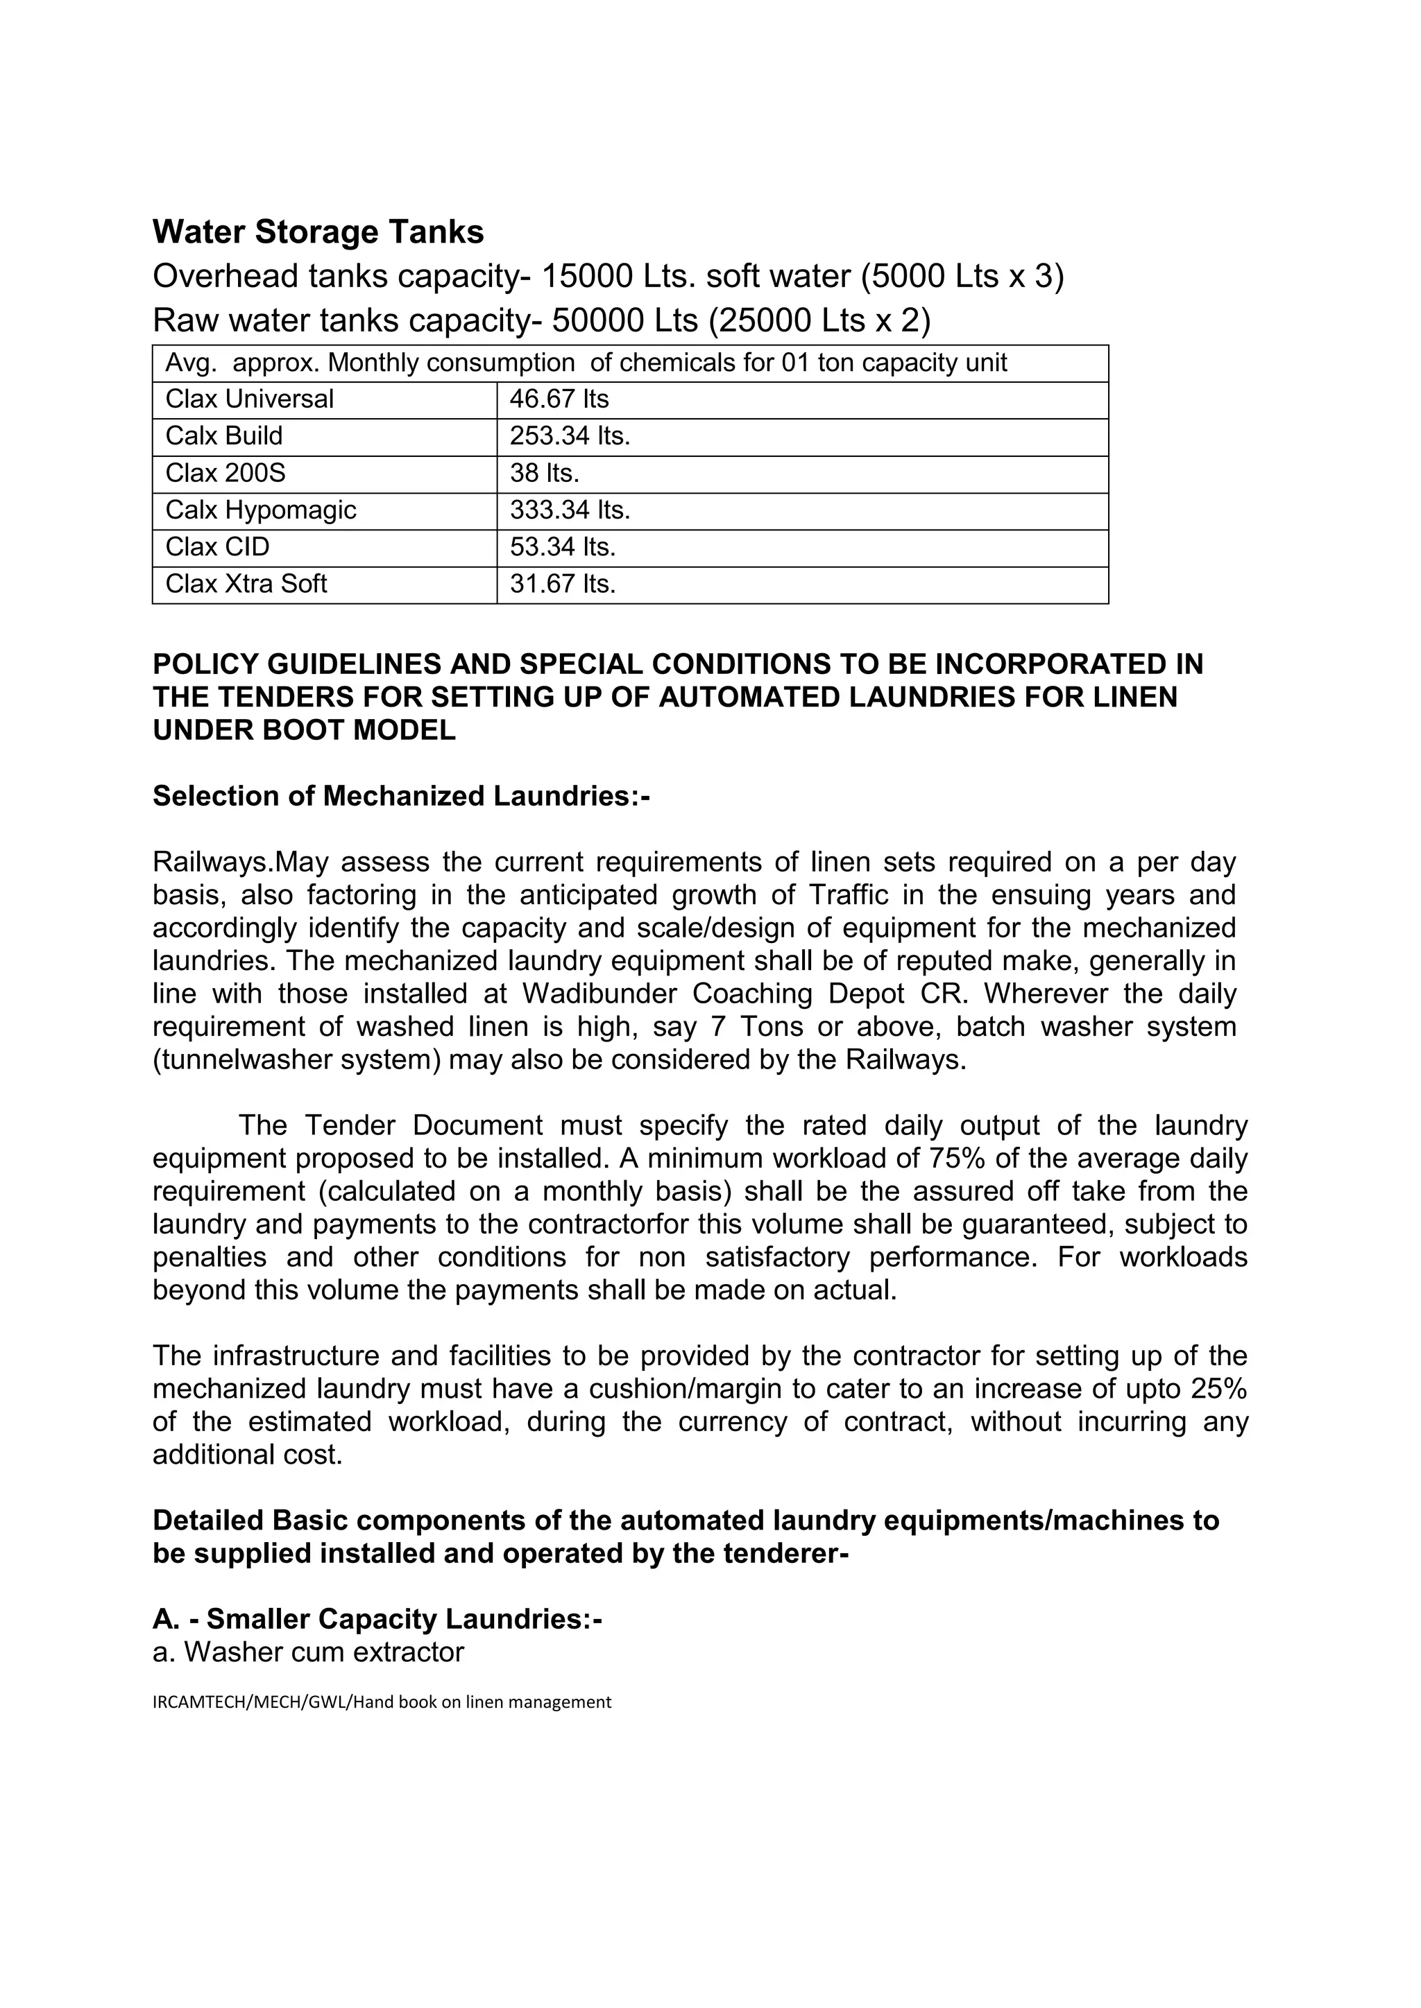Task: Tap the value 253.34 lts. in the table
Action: tap(570, 436)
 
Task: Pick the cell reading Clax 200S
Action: tap(225, 473)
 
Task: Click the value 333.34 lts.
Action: tap(570, 510)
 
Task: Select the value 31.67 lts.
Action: tap(563, 585)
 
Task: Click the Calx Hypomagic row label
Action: tap(261, 510)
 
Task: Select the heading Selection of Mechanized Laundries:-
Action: tap(401, 796)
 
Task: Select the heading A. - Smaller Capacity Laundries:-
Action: tap(377, 1620)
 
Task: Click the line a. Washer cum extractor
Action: tap(308, 1652)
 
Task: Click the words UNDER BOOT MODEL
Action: tap(304, 730)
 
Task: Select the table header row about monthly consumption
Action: tap(586, 363)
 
